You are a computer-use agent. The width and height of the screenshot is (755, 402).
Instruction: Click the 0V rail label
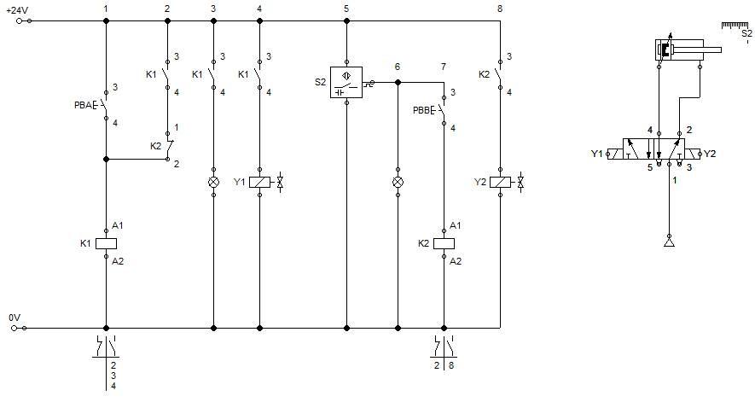[14, 317]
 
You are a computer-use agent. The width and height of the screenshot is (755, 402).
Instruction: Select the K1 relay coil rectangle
[106, 243]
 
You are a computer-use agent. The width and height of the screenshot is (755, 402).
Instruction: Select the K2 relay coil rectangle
[444, 243]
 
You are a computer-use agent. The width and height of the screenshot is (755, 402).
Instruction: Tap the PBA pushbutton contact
[105, 106]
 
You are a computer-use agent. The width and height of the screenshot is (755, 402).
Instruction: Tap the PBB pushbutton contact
[442, 110]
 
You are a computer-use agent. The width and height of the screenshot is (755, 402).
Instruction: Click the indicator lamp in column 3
[213, 183]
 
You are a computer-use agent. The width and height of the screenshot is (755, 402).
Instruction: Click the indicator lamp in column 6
[398, 183]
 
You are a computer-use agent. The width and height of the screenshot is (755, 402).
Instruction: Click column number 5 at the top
[346, 9]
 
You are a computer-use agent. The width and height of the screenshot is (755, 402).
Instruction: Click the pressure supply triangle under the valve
[669, 244]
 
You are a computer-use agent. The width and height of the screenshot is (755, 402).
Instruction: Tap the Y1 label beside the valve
[596, 154]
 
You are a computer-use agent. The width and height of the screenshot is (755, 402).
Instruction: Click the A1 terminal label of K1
[119, 226]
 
